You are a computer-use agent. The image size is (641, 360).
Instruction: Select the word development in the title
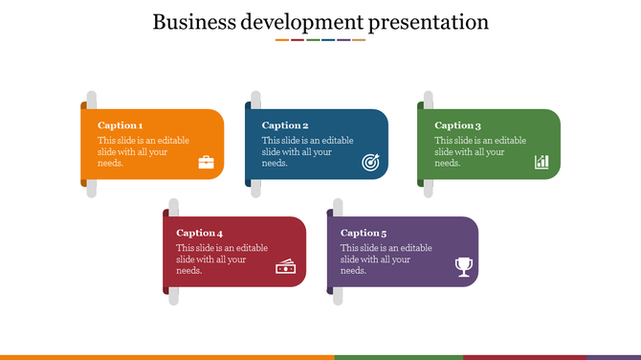click(304, 22)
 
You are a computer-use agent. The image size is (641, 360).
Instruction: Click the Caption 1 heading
click(121, 125)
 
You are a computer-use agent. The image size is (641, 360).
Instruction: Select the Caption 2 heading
click(285, 125)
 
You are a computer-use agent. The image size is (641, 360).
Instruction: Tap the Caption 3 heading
click(457, 125)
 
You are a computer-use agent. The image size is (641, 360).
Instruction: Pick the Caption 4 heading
click(200, 233)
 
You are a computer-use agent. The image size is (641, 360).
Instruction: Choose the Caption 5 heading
click(364, 233)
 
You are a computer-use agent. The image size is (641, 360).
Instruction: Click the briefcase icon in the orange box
click(207, 162)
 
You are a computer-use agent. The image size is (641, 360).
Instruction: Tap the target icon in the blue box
click(371, 163)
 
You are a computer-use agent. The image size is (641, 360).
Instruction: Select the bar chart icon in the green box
click(542, 162)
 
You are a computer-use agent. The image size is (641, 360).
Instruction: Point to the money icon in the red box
click(285, 267)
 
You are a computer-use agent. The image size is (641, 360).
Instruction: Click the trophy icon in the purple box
click(464, 267)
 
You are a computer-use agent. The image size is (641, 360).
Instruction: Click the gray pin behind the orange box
click(92, 189)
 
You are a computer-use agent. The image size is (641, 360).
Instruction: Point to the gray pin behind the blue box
click(255, 189)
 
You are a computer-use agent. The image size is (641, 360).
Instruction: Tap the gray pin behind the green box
click(428, 189)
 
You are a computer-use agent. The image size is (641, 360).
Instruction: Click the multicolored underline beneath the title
click(320, 40)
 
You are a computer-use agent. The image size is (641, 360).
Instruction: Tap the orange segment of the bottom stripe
click(167, 357)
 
